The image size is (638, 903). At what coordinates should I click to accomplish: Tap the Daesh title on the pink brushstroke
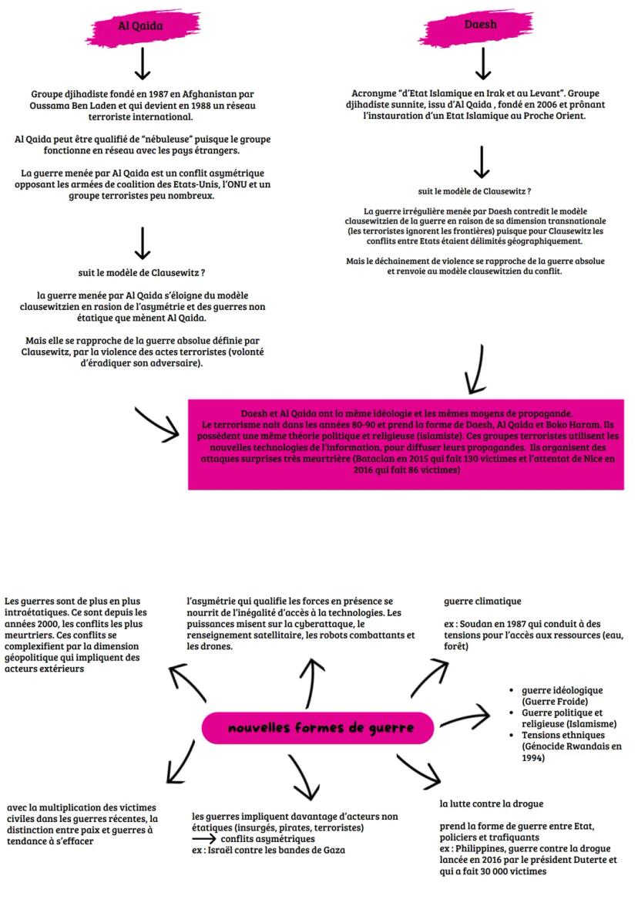(481, 25)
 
